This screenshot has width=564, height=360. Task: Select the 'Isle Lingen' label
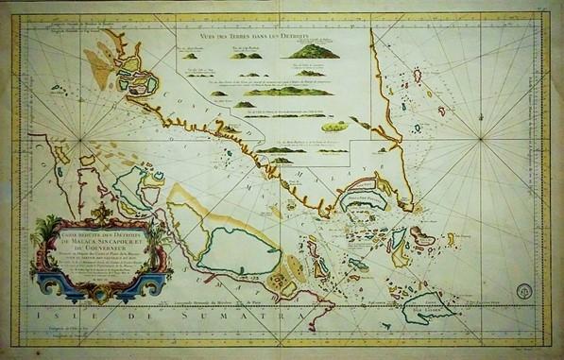point(442,315)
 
